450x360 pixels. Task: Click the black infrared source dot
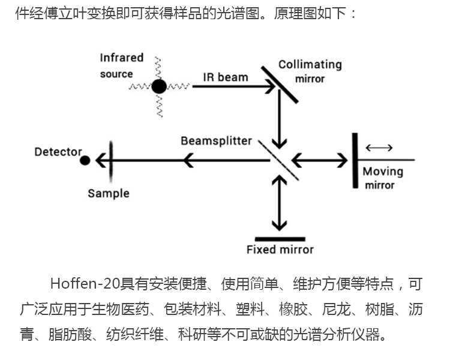pos(158,87)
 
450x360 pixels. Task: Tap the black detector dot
pos(85,160)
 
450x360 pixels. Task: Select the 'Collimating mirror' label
pos(310,71)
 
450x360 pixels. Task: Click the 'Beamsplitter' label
pos(217,141)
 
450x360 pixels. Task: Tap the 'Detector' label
pos(58,151)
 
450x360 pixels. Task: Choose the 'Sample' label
pos(108,193)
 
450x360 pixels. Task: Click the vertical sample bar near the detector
pos(110,160)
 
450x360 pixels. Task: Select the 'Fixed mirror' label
pos(280,249)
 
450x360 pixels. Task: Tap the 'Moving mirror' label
pos(383,178)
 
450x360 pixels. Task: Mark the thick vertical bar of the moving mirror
pos(355,160)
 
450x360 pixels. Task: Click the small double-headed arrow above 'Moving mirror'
pos(379,148)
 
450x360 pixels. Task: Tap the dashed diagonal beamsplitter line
pos(278,160)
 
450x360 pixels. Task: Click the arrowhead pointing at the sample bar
pos(101,160)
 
